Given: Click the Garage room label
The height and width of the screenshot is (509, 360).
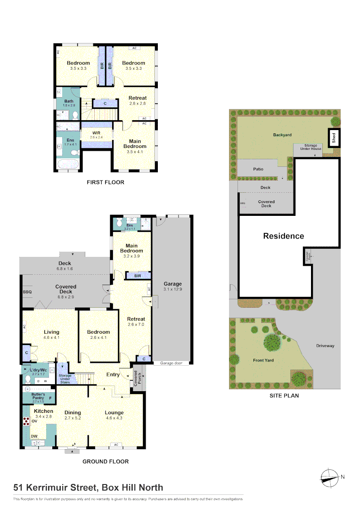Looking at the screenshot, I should [x=172, y=284].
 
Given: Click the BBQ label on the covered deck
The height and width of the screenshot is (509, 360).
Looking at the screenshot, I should [x=27, y=292].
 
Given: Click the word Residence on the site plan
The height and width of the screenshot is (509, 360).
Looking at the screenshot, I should [x=283, y=236].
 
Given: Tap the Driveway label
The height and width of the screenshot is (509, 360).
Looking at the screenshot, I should [x=325, y=345].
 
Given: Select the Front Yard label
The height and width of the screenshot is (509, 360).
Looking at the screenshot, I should [x=263, y=360].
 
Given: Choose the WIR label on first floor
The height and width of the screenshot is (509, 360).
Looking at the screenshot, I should [x=97, y=133].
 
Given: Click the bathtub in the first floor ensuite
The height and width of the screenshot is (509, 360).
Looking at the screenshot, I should [x=67, y=164].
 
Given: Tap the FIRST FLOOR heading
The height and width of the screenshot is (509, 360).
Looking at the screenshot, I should [x=106, y=182].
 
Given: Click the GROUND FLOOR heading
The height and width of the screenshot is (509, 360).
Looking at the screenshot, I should [x=106, y=461].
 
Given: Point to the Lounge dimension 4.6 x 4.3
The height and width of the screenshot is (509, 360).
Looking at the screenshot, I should [x=114, y=418].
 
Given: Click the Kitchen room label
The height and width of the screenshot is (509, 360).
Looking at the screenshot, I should [x=43, y=411].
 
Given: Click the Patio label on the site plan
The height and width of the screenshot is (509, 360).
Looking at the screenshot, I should [x=258, y=169].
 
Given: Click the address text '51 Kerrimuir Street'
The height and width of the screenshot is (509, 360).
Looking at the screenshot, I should [x=54, y=487].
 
